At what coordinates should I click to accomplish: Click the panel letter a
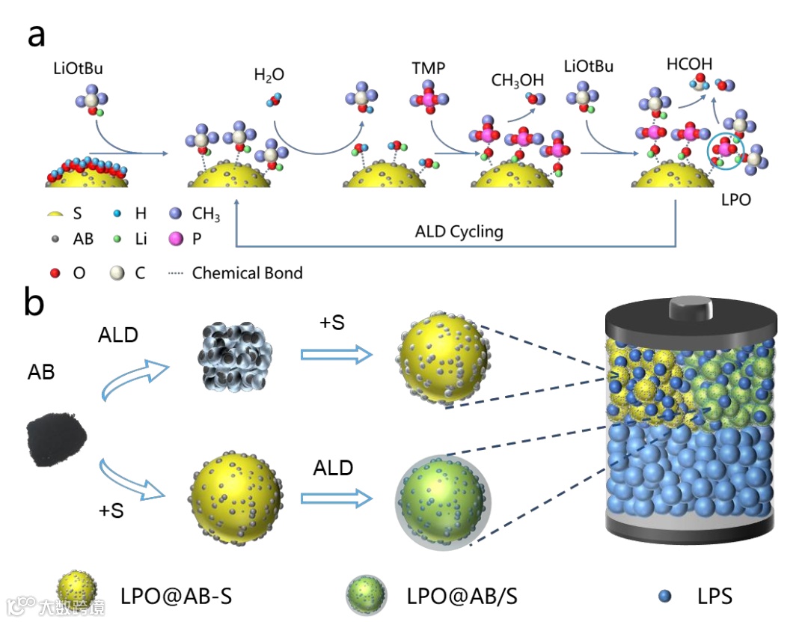[36, 35]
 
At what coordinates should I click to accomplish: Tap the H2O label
[269, 76]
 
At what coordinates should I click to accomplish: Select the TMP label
[428, 69]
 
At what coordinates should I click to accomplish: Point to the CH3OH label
[517, 80]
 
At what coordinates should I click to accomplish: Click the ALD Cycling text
[459, 231]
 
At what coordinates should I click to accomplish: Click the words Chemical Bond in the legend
[247, 272]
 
